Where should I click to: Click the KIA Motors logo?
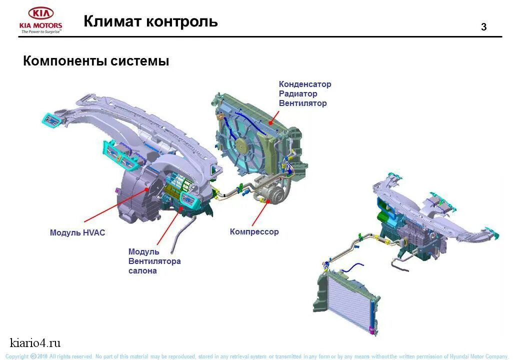click(x=41, y=20)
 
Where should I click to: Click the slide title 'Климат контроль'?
click(x=150, y=21)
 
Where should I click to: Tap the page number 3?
click(x=483, y=27)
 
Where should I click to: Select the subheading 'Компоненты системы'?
click(x=96, y=61)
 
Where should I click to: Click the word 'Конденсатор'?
click(x=304, y=84)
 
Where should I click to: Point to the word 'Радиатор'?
click(x=297, y=94)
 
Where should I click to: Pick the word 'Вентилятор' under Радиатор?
click(x=302, y=103)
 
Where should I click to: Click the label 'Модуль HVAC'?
click(x=77, y=233)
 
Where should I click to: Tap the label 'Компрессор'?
click(x=254, y=232)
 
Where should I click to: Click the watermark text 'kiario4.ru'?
click(x=35, y=343)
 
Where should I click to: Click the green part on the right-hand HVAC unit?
click(x=383, y=217)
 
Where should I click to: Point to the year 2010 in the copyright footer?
click(x=42, y=356)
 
